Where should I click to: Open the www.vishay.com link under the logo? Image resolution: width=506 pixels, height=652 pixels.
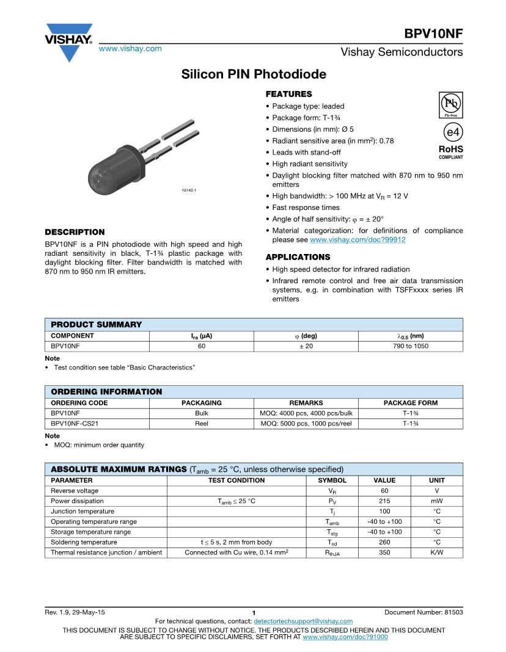coord(130,49)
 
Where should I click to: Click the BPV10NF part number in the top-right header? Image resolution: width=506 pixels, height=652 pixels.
coord(433,33)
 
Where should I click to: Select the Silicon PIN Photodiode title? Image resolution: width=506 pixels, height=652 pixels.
coord(254,74)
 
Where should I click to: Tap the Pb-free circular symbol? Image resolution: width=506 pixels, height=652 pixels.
coord(450,104)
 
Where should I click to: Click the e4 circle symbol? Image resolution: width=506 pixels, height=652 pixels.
coord(451,132)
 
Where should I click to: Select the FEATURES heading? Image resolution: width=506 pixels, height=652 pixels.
coord(288,94)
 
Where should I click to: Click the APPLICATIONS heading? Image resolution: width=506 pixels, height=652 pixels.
coord(298,257)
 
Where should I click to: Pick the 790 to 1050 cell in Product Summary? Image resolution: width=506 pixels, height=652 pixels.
coord(410,346)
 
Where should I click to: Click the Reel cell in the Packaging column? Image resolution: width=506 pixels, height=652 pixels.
coord(201,424)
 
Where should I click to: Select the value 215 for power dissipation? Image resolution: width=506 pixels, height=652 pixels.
coord(384,501)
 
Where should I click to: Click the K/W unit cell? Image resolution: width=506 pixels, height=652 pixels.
coord(436,552)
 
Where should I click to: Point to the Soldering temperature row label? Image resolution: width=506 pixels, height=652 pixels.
coord(84,542)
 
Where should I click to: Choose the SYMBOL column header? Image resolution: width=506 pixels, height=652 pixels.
coord(332,480)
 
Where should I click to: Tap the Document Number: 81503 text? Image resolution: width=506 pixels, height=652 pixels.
coord(424,612)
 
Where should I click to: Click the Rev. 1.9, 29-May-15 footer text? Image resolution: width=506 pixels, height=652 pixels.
coord(75,612)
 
